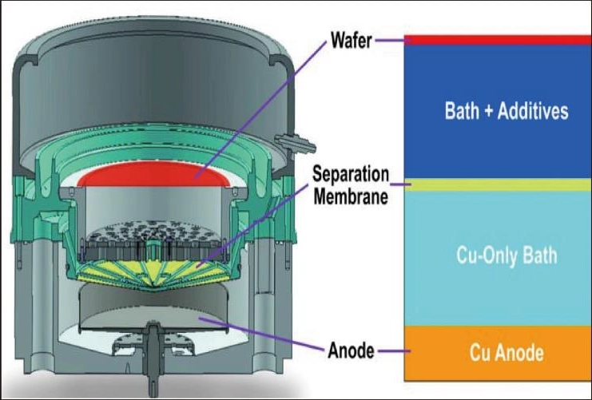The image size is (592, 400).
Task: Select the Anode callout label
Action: click(350, 350)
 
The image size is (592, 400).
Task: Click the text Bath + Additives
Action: click(507, 111)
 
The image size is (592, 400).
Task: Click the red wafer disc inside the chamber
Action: click(157, 175)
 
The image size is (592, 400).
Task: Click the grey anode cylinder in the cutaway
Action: click(157, 307)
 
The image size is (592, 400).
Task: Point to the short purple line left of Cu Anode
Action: click(391, 350)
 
